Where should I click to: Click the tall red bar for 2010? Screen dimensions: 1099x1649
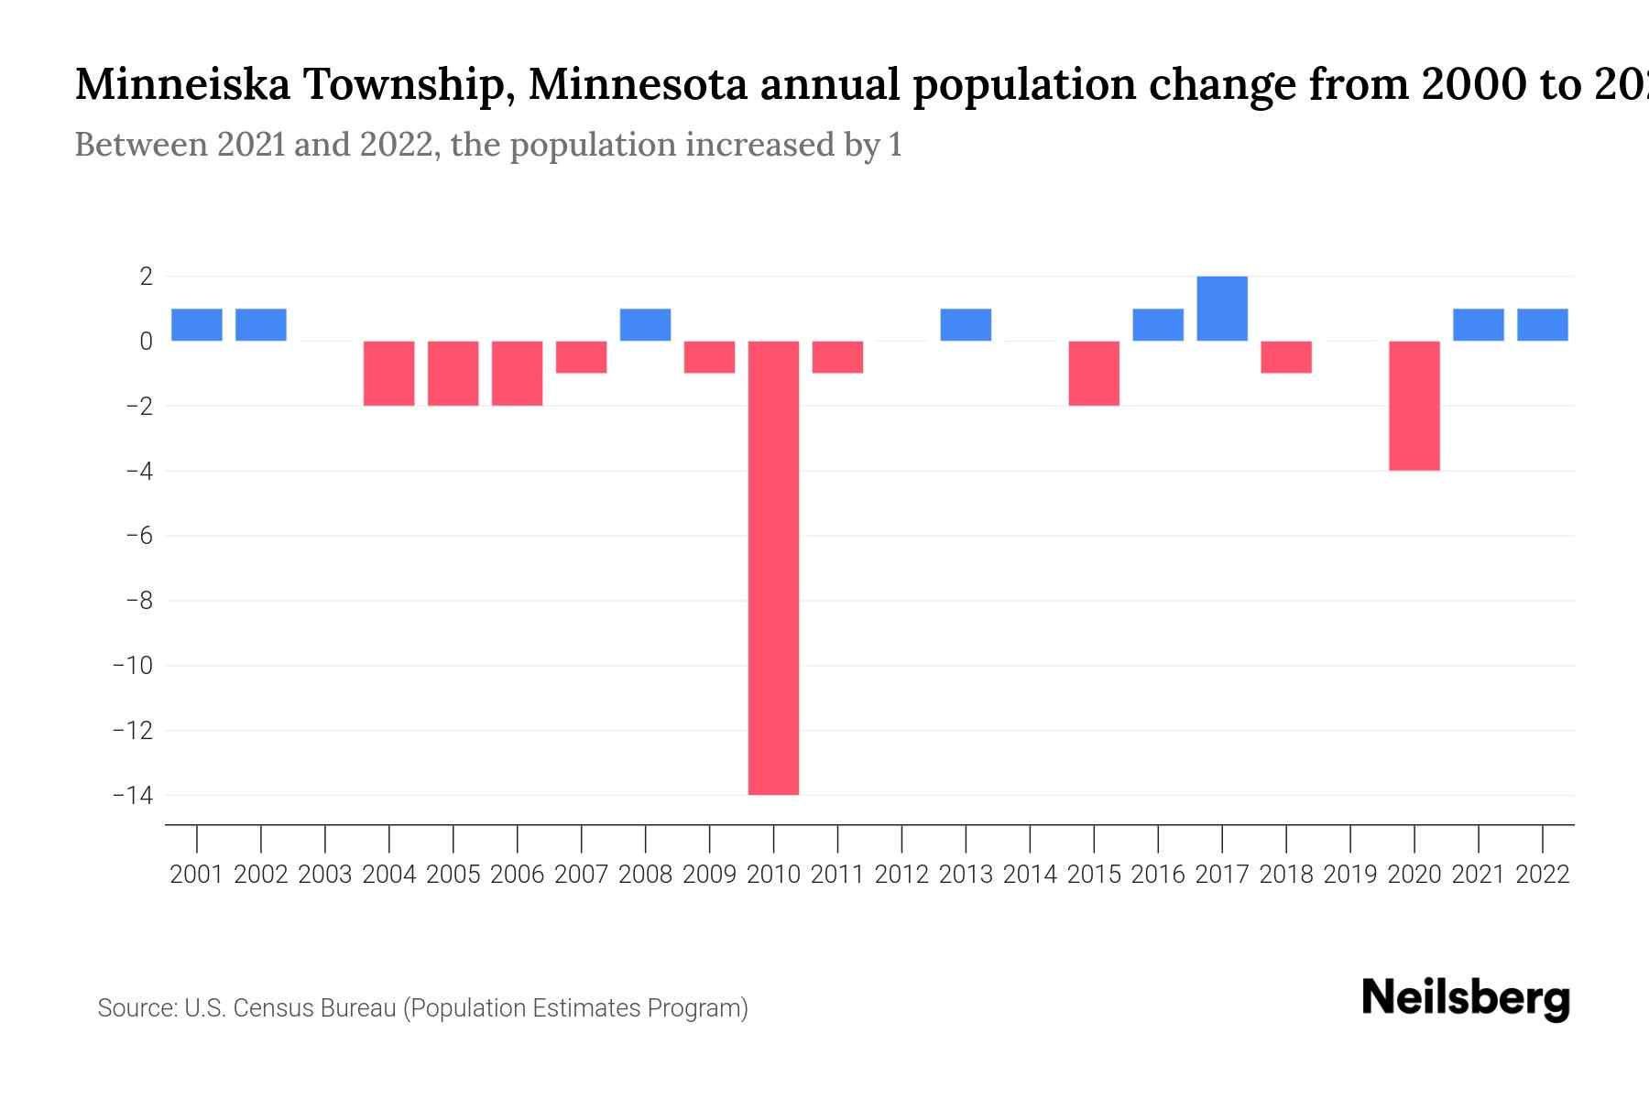[x=773, y=568]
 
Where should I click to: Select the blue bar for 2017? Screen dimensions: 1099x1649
[x=1222, y=309]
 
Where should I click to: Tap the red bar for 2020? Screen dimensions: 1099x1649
[x=1414, y=406]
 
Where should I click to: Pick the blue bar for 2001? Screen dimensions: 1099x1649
[x=197, y=325]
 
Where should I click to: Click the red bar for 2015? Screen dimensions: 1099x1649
[x=1094, y=373]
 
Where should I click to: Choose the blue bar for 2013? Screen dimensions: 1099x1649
[x=966, y=325]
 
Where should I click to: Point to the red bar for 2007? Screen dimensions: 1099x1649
[x=582, y=357]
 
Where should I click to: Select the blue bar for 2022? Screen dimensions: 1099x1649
[x=1543, y=325]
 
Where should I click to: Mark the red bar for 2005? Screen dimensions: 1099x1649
[x=453, y=373]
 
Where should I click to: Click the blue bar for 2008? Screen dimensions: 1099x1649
[x=646, y=325]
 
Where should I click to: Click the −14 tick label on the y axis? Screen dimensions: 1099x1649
[x=133, y=795]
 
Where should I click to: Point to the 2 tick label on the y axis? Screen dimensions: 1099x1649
[x=146, y=277]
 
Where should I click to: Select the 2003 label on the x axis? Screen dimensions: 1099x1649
[x=325, y=875]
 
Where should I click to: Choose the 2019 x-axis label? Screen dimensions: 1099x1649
[x=1350, y=875]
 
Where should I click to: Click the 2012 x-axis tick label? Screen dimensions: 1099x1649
[x=901, y=875]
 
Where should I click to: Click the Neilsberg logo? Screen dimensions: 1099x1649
[x=1466, y=998]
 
